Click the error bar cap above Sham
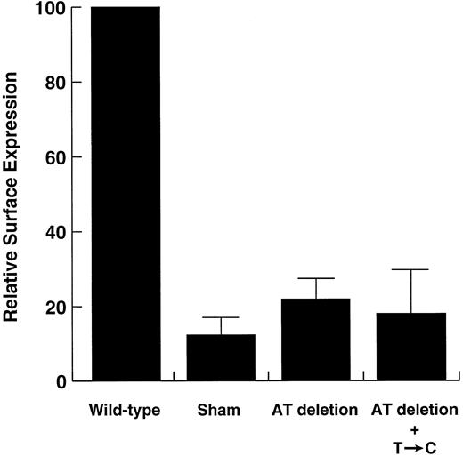pos(221,317)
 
